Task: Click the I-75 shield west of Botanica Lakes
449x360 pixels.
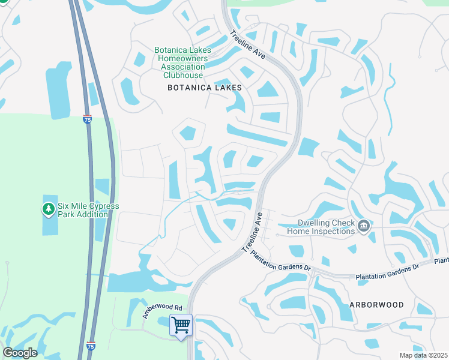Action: pos(88,119)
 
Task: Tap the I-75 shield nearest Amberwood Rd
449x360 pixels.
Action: pos(91,346)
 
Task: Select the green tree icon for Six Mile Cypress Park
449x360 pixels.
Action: pos(48,209)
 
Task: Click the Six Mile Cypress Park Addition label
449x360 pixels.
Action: pos(88,210)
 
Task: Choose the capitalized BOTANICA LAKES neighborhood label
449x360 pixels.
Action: pos(205,88)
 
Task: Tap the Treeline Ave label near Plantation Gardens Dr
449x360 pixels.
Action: pos(252,232)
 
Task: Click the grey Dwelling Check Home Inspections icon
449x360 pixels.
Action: pos(363,226)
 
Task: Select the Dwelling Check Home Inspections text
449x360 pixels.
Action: pos(321,226)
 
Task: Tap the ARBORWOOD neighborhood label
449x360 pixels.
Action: pos(376,305)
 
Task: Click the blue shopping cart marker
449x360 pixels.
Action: pos(181,326)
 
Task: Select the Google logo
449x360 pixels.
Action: pos(20,353)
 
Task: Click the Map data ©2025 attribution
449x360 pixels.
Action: pos(423,355)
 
